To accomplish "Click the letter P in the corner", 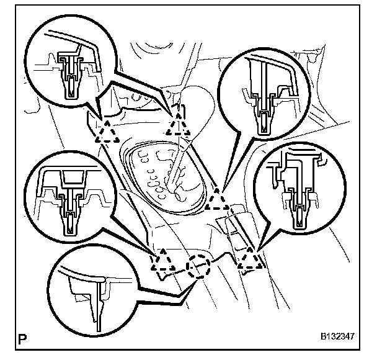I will pyautogui.click(x=24, y=339).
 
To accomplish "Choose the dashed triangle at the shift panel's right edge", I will pyautogui.click(x=218, y=200).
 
